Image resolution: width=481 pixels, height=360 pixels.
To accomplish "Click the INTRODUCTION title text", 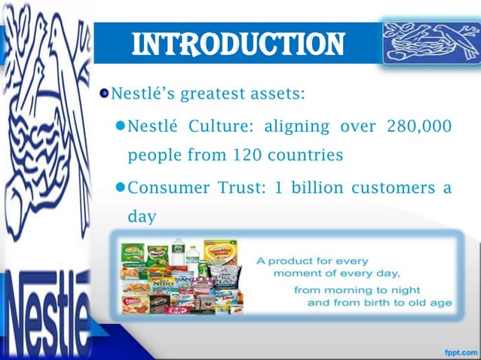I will (238, 43).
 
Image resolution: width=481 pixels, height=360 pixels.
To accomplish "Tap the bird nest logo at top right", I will (424, 41).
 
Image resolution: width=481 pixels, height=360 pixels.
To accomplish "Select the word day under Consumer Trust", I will (142, 218).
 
